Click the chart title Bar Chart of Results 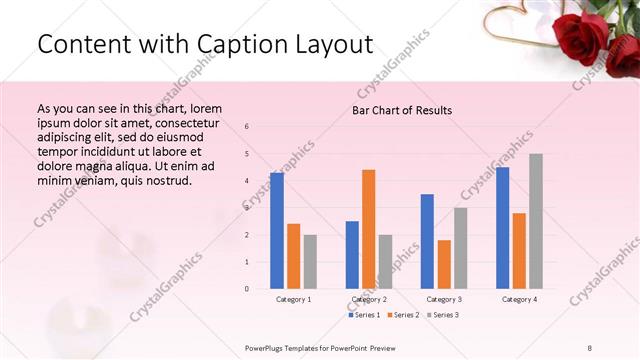click(402, 109)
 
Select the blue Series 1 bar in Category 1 click(277, 230)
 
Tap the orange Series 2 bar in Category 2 click(368, 229)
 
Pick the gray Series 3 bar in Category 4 click(536, 221)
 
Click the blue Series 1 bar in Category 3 click(427, 241)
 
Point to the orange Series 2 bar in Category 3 click(444, 264)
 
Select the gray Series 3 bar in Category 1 click(310, 261)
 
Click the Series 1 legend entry click(364, 315)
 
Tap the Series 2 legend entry click(401, 315)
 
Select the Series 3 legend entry click(440, 315)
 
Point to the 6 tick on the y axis click(247, 126)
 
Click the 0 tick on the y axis click(247, 289)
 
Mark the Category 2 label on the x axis click(368, 299)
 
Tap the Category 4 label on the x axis click(518, 299)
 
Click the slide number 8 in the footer click(590, 347)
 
